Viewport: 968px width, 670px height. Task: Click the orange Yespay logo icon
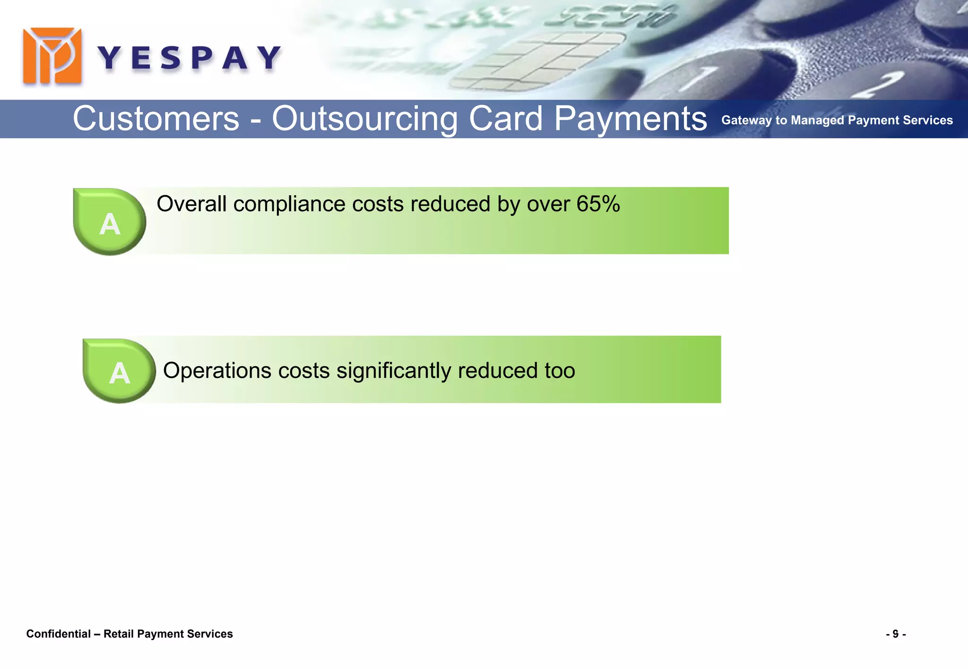pyautogui.click(x=52, y=56)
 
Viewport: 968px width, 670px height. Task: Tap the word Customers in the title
pyautogui.click(x=156, y=119)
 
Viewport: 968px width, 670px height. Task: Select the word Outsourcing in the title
pyautogui.click(x=364, y=119)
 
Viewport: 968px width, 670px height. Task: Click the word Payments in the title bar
pyautogui.click(x=630, y=119)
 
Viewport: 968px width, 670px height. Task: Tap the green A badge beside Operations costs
pyautogui.click(x=119, y=372)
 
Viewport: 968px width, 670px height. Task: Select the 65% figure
pyautogui.click(x=598, y=204)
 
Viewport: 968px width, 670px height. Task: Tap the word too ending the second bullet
pyautogui.click(x=560, y=370)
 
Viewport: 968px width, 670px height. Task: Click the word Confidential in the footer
pyautogui.click(x=58, y=634)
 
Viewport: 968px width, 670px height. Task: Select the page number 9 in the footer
pyautogui.click(x=895, y=634)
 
